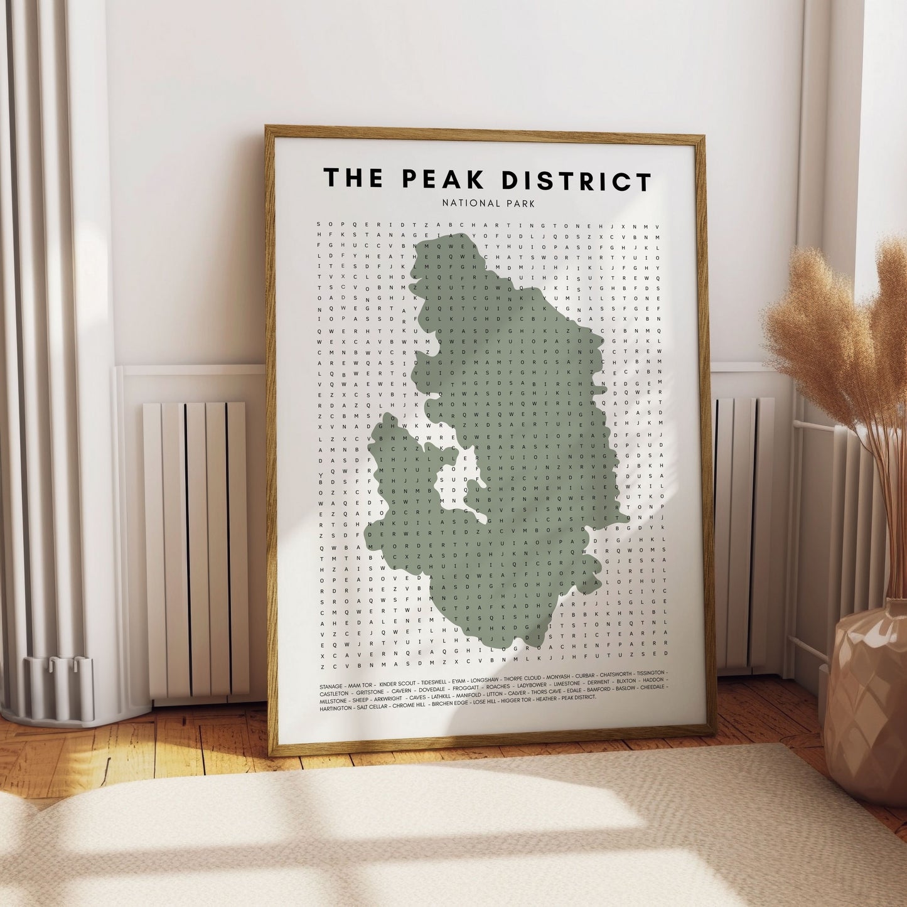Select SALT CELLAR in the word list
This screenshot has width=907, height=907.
pyautogui.click(x=371, y=706)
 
